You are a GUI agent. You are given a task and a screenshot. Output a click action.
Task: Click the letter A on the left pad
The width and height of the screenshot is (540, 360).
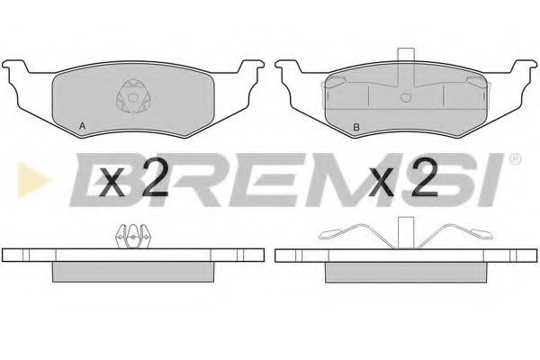[82, 126]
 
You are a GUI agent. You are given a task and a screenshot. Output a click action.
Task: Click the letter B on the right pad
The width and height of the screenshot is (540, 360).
[356, 127]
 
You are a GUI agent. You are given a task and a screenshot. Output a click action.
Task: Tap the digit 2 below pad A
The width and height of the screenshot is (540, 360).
[155, 178]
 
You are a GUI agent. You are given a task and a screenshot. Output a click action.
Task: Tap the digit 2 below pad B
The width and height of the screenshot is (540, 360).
[424, 178]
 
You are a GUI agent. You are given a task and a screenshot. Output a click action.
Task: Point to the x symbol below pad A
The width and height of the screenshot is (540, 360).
[112, 184]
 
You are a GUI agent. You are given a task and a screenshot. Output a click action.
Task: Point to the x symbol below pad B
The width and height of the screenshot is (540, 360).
[382, 184]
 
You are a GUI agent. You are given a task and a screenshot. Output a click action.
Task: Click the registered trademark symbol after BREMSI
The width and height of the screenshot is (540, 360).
[515, 159]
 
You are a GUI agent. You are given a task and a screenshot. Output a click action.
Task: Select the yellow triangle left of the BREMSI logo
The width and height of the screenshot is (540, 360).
[32, 179]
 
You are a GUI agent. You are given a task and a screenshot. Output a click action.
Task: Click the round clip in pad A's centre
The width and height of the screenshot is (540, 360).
[133, 96]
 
